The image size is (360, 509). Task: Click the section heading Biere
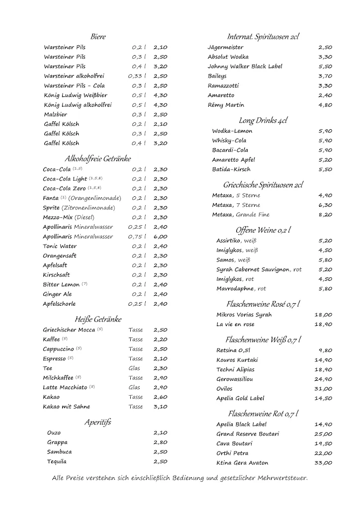(98, 37)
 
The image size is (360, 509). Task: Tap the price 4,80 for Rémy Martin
(325, 105)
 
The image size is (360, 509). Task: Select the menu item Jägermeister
(225, 47)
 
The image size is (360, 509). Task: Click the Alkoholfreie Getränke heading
(97, 159)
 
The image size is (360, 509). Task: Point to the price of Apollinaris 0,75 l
(160, 237)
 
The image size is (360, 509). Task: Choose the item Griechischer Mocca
(69, 330)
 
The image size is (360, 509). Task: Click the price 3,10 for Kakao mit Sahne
(160, 407)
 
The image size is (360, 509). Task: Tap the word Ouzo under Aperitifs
(54, 432)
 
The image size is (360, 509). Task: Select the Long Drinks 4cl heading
(263, 120)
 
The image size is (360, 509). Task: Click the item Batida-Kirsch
(232, 169)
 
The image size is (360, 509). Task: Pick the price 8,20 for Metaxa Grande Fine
(325, 215)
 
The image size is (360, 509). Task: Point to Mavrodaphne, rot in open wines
(241, 288)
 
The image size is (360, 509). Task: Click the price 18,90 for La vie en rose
(323, 324)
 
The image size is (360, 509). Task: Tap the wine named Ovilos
(224, 388)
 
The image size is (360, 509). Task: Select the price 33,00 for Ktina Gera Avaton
(323, 463)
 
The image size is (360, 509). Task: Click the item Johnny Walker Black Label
(245, 66)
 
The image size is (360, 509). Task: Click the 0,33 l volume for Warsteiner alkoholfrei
(137, 76)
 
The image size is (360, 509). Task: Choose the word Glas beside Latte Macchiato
(134, 387)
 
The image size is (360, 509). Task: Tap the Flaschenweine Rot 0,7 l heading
(263, 414)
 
